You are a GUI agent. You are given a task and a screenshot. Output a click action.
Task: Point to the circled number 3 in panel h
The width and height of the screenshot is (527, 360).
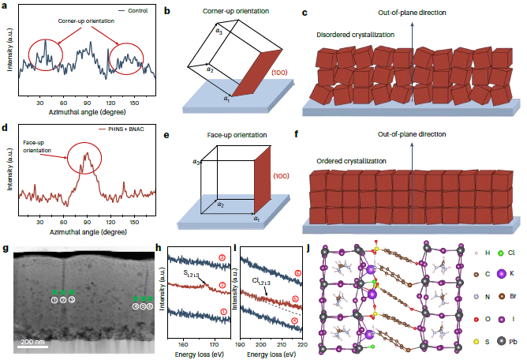pyautogui.click(x=223, y=257)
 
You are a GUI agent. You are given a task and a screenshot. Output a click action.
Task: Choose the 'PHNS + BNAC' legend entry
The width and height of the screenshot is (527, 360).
pyautogui.click(x=129, y=129)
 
